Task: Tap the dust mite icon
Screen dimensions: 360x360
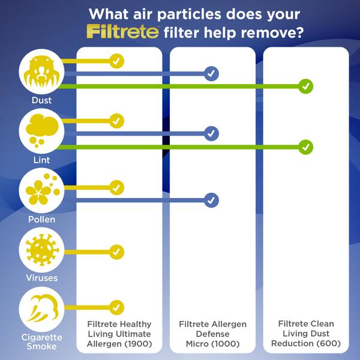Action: coord(41,72)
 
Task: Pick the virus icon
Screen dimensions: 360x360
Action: coord(41,250)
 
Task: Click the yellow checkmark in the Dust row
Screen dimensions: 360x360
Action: coord(116,61)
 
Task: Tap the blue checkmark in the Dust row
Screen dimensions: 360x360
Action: coord(211,74)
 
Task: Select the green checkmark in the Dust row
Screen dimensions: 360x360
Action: coord(306,86)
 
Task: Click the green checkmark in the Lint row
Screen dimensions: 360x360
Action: coord(306,146)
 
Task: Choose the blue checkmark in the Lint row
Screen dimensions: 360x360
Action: coord(211,133)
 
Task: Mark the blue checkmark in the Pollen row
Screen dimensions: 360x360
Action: coord(211,200)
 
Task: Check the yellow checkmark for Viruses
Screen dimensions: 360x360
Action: coord(116,252)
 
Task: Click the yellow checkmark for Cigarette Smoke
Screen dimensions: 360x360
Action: coord(116,307)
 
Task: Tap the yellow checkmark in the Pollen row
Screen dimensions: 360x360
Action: coord(116,187)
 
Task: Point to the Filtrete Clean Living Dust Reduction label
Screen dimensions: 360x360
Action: coord(305,334)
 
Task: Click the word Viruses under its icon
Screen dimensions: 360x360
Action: coord(41,278)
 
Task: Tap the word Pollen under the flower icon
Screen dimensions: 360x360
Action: coord(41,220)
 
